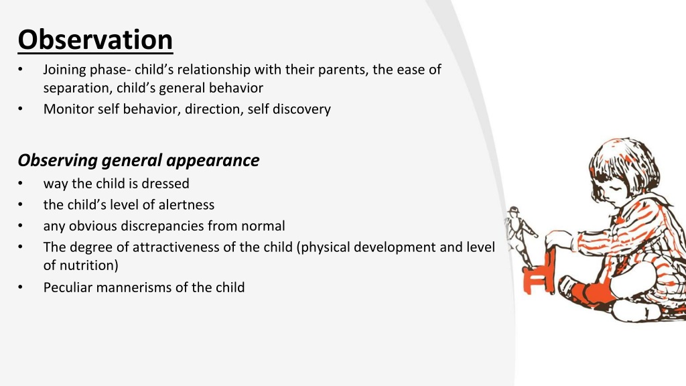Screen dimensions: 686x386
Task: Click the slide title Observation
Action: tap(95, 40)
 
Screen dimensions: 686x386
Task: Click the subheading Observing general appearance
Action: tap(138, 161)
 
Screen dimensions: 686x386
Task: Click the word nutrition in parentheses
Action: tap(86, 265)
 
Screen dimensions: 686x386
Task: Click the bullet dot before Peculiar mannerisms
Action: tap(20, 287)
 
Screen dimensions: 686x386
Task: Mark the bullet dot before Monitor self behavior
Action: tap(20, 109)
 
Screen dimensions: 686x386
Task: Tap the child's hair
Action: tap(624, 164)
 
